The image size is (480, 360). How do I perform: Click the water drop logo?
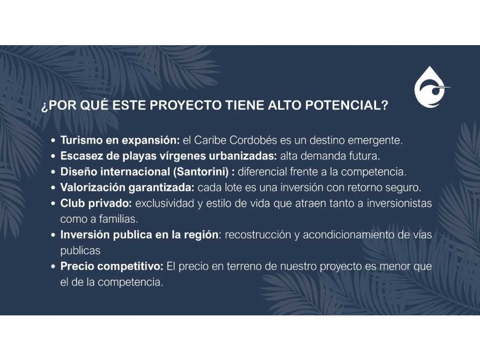pos(431,87)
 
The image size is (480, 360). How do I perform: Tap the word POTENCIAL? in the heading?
pos(347,105)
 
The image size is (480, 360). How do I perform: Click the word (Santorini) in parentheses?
pos(201,172)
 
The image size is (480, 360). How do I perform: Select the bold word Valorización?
pos(91,187)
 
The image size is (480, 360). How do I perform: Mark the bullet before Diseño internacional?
pos(54,172)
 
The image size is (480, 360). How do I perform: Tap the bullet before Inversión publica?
pos(54,235)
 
